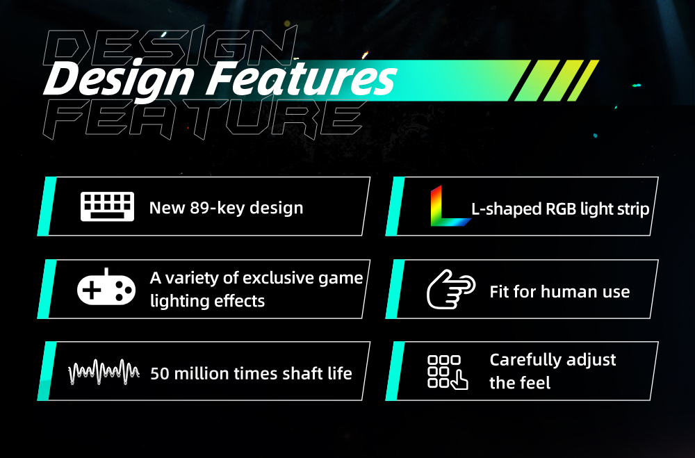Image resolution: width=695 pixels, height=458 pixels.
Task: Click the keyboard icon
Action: point(107,206)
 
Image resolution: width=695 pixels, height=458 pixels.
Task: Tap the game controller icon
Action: point(106,287)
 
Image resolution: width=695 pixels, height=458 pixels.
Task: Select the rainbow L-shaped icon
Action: point(450,206)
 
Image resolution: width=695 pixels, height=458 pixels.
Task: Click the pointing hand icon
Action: point(451,289)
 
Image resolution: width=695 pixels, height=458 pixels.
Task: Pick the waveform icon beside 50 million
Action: point(104,372)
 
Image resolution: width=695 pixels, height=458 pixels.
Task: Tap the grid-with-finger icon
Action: point(448,373)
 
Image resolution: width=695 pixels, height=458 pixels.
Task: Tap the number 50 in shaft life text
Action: point(160,373)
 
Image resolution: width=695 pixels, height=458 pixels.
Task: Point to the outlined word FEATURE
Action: point(204,120)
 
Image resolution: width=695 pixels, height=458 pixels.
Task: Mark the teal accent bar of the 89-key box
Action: point(47,206)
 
